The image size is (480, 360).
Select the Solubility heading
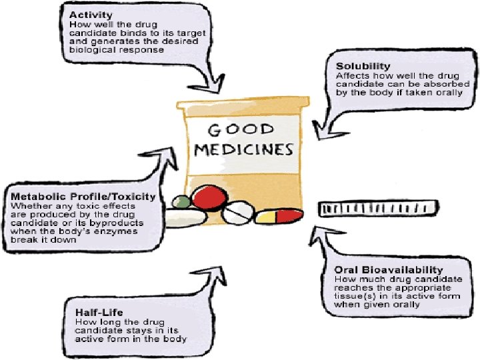pos(363,67)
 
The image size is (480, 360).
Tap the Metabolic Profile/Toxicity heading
pos(83,197)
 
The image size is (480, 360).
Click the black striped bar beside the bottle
pos(379,209)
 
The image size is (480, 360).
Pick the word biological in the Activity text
pos(92,49)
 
